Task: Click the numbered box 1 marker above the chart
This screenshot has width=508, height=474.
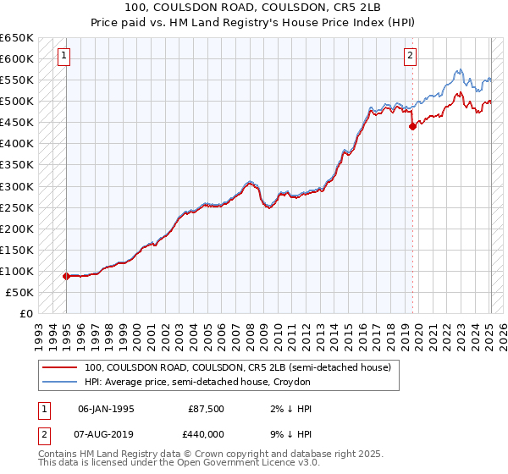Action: (x=63, y=57)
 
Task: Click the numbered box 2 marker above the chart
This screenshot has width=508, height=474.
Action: (x=410, y=57)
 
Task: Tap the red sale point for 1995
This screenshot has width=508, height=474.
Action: (x=66, y=276)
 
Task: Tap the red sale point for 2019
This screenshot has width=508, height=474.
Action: (x=412, y=126)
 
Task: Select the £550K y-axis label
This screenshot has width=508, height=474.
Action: (x=16, y=80)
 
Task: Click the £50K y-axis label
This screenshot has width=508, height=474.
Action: (x=19, y=292)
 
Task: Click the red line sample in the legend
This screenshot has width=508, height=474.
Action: (x=59, y=367)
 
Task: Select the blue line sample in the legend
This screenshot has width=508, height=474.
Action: (x=59, y=383)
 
